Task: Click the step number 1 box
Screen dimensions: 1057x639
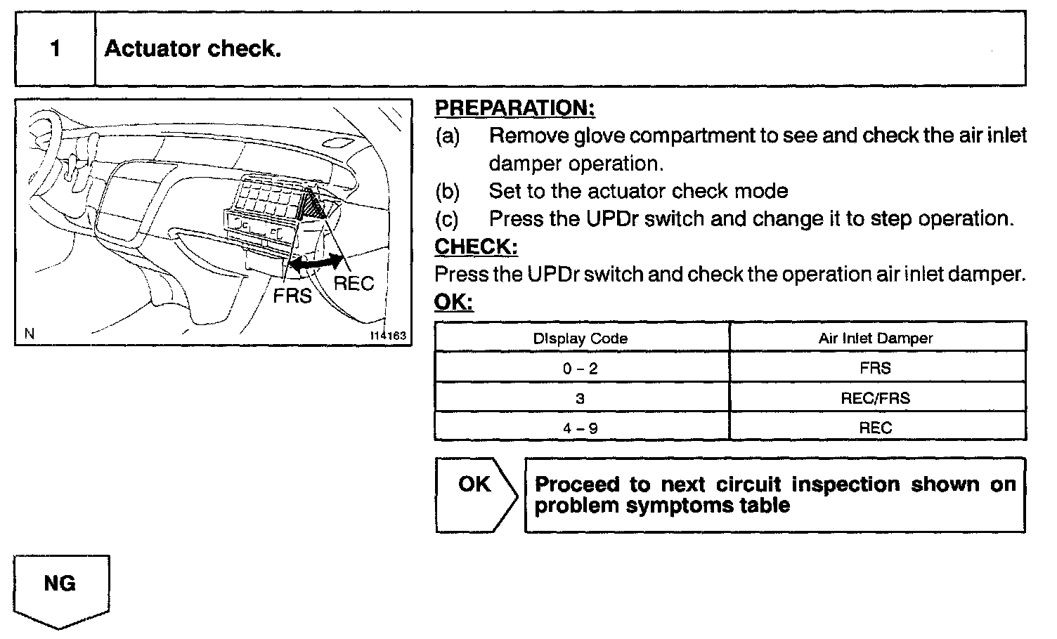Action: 55,49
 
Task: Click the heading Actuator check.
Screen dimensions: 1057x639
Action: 193,49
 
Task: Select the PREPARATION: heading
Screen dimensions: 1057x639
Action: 514,108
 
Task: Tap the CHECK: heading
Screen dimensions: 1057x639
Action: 476,246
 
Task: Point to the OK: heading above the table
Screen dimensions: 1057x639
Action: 453,302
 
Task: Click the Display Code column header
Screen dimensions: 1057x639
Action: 581,338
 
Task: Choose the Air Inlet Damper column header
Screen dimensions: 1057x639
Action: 875,338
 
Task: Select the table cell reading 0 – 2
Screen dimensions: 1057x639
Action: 581,368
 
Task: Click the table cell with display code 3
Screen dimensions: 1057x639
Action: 581,398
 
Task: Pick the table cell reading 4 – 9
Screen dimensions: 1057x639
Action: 581,428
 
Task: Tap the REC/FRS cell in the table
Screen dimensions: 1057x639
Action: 875,398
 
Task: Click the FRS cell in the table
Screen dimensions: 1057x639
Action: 875,368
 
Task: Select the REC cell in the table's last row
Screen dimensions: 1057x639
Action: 875,428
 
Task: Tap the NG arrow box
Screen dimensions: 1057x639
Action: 60,588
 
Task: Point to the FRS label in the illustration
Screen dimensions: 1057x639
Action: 292,296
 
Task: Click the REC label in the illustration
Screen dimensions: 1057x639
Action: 354,284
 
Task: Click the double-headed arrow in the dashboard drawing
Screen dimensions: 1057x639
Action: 316,263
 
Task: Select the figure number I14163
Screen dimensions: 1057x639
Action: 387,336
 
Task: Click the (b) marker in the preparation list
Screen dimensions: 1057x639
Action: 447,191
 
